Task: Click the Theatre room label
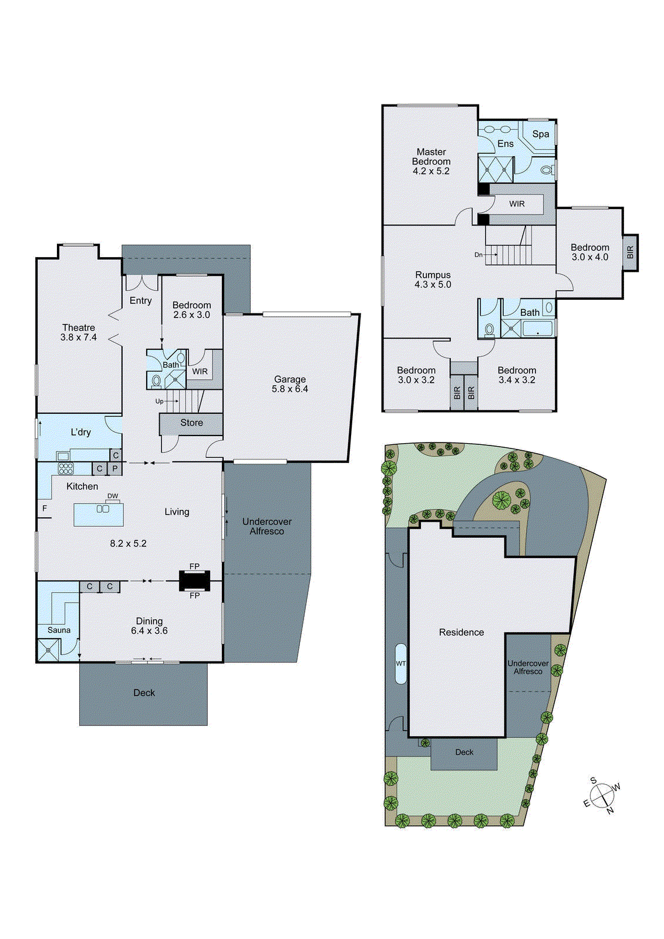[x=79, y=327]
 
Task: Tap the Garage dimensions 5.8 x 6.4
[x=289, y=389]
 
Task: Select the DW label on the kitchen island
[x=113, y=496]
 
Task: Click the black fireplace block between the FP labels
[x=194, y=581]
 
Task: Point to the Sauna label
[x=59, y=630]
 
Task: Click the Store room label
[x=191, y=423]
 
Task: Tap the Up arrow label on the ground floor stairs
[x=159, y=401]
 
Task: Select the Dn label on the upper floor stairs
[x=478, y=255]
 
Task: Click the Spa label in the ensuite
[x=541, y=134]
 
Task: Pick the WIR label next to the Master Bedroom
[x=517, y=204]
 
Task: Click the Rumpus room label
[x=433, y=275]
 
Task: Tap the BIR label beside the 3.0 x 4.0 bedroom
[x=630, y=252]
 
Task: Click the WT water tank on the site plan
[x=400, y=664]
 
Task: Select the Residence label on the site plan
[x=461, y=632]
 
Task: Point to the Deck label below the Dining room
[x=144, y=693]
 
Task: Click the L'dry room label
[x=80, y=432]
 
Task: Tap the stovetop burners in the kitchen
[x=66, y=468]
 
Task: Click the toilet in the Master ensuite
[x=547, y=171]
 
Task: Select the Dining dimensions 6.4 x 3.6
[x=149, y=631]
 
